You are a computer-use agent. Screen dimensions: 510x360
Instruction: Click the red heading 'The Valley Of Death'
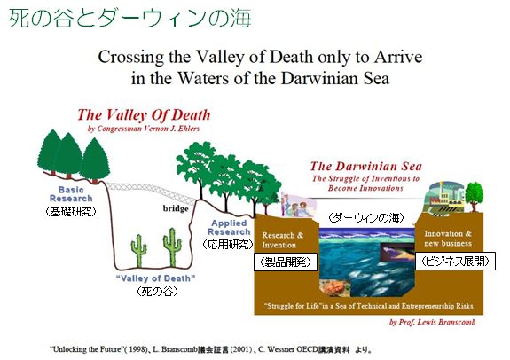[x=144, y=115]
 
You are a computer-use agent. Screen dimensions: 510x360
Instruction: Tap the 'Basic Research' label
[x=71, y=194]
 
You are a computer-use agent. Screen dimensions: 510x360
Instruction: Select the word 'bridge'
[x=176, y=208]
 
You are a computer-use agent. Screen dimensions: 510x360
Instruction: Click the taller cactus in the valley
[x=172, y=247]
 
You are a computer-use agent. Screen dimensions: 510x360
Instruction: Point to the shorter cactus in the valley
[x=139, y=250]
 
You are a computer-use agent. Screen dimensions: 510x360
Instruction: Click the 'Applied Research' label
[x=229, y=227]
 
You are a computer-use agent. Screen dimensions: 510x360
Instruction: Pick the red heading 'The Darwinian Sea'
[x=366, y=167]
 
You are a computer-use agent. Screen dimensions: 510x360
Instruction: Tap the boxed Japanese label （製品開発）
[x=286, y=262]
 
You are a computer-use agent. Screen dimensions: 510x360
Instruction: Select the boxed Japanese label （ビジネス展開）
[x=455, y=261]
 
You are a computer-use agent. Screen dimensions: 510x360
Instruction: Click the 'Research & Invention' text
[x=282, y=239]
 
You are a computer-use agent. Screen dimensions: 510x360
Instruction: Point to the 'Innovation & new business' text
[x=448, y=239]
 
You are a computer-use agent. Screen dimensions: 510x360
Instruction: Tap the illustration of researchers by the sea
[x=299, y=205]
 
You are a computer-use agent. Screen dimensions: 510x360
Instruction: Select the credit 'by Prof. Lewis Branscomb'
[x=433, y=322]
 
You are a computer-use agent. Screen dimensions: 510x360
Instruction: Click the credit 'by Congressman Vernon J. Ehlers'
[x=144, y=129]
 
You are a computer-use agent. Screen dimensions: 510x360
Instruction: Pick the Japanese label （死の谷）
[x=157, y=291]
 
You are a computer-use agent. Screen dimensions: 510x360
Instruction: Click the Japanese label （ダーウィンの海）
[x=366, y=217]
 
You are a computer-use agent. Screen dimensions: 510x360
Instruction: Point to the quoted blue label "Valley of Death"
[x=156, y=278]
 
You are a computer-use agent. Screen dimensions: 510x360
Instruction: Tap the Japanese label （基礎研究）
[x=71, y=212]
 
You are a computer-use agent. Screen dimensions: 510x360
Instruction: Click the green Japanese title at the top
[x=130, y=18]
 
